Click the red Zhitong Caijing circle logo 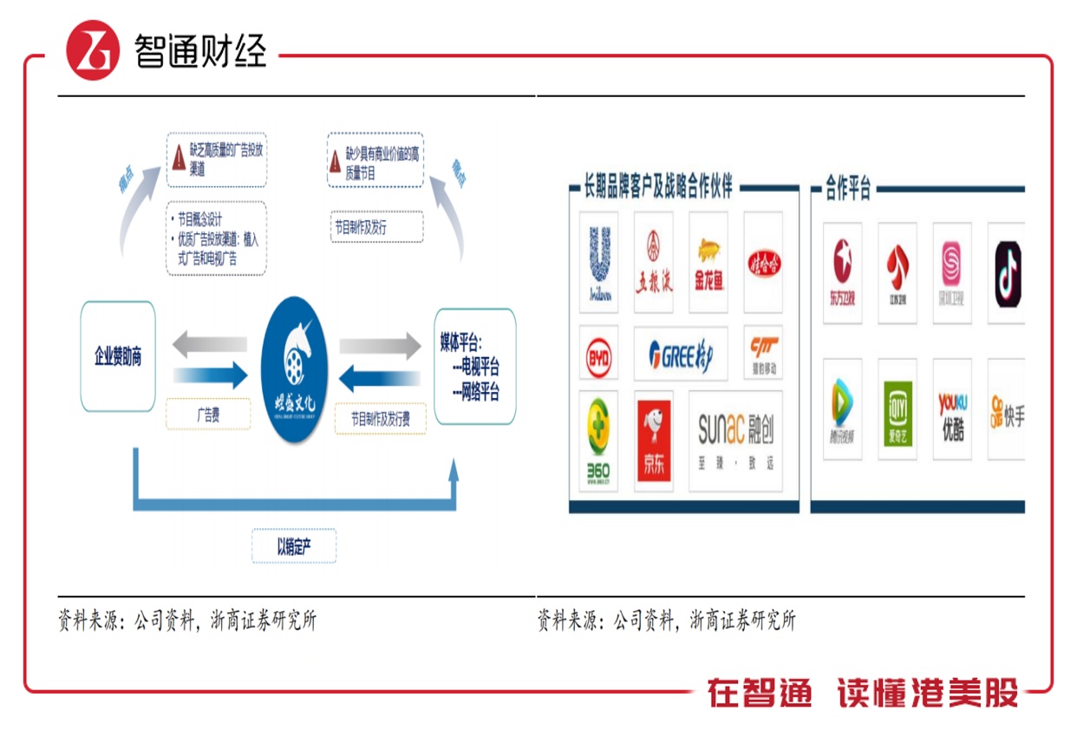[93, 50]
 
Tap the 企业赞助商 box [118, 356]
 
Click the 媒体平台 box [474, 366]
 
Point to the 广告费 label [207, 415]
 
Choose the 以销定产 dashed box [294, 546]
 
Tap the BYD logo [598, 354]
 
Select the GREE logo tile [681, 354]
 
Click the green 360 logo [598, 440]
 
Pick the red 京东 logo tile [654, 440]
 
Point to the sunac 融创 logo [735, 440]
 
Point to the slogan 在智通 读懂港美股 [863, 694]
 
